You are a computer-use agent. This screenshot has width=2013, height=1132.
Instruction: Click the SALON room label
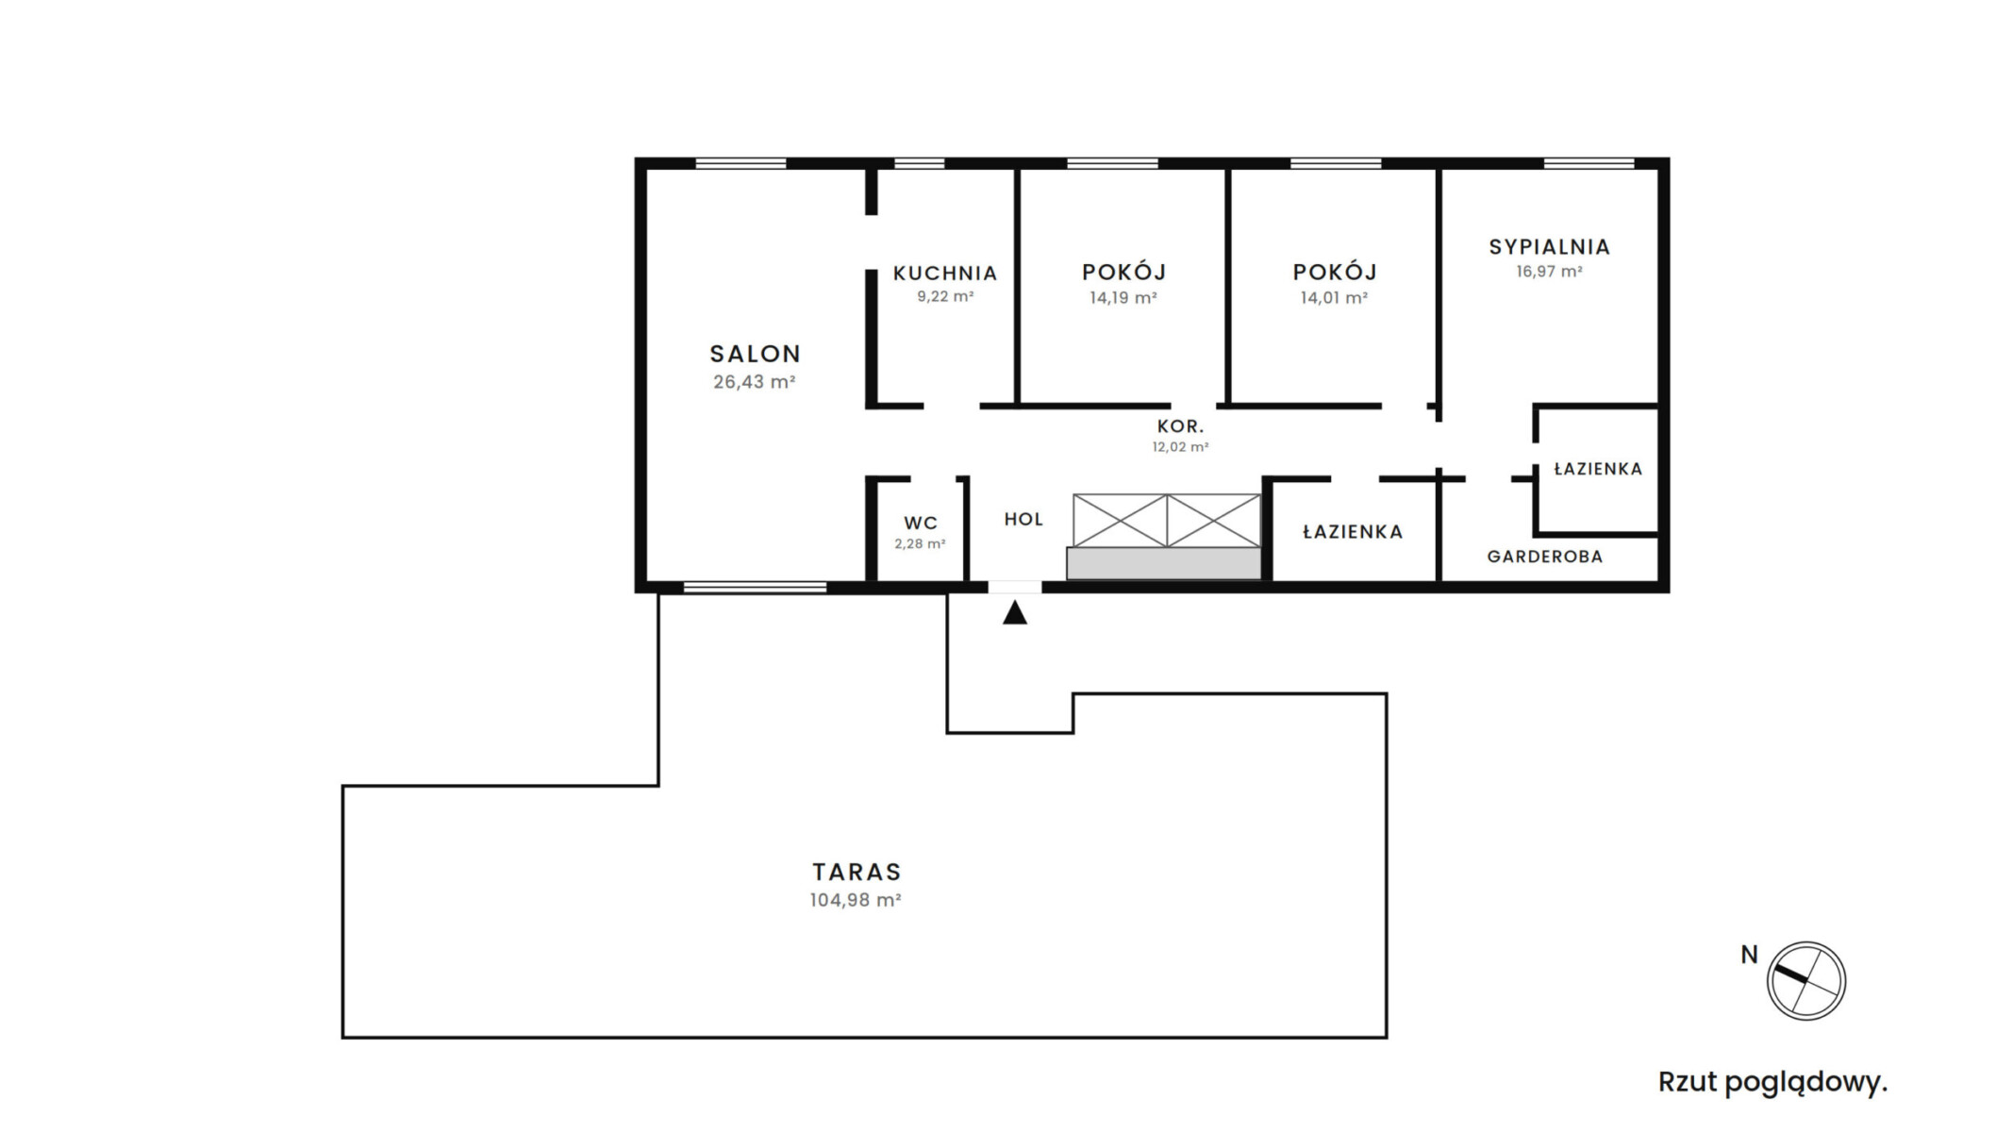point(755,354)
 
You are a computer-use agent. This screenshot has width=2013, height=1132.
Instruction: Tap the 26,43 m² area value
point(755,382)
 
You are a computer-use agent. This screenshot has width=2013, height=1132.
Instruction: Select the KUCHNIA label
point(945,274)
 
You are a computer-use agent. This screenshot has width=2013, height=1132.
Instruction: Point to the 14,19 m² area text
point(1123,298)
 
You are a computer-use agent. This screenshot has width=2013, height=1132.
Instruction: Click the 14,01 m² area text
point(1334,298)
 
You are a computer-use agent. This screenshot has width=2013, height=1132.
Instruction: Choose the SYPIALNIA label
point(1550,247)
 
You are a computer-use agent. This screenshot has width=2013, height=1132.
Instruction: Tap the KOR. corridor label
point(1181,427)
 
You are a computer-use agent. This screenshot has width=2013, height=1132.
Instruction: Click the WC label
point(921,524)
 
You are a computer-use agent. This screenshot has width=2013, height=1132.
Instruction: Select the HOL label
point(1023,520)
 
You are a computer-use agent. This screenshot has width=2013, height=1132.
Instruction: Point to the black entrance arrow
point(1015,613)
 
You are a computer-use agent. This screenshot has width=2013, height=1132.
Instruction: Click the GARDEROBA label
point(1545,557)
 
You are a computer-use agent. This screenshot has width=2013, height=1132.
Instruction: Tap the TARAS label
point(857,872)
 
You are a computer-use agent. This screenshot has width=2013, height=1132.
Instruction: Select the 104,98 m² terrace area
point(856,900)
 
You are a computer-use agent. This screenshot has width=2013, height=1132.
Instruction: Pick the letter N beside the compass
point(1749,956)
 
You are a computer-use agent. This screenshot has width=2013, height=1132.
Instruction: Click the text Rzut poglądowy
point(1773,1083)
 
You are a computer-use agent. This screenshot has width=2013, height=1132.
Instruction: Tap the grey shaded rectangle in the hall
point(1164,563)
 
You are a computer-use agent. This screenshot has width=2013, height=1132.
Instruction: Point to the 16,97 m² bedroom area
point(1550,272)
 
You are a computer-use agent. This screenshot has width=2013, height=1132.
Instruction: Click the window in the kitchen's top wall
point(920,163)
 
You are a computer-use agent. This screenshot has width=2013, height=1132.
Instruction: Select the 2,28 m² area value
point(920,544)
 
